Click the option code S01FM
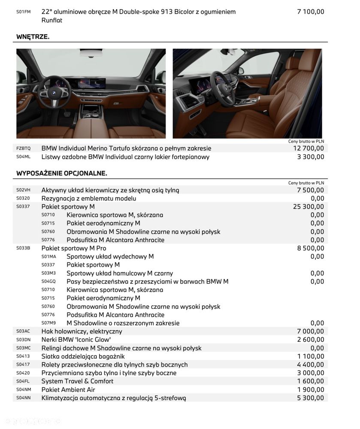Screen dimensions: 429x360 click(23, 12)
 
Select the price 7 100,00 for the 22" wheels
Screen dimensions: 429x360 click(311, 12)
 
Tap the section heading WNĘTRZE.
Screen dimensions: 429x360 click(33, 37)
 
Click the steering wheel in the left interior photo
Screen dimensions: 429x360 click(54, 91)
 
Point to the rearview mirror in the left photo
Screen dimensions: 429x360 click(91, 53)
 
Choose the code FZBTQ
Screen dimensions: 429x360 click(23, 149)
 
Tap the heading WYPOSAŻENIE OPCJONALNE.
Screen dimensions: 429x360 click(62, 173)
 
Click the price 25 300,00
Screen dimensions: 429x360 click(309, 207)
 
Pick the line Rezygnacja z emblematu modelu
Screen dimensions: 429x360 click(88, 198)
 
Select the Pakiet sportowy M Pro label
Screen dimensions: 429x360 click(74, 248)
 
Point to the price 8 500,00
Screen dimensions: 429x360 click(311, 248)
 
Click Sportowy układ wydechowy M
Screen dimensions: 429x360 click(110, 256)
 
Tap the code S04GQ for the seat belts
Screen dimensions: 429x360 click(48, 282)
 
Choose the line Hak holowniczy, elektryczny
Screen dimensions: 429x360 click(82, 331)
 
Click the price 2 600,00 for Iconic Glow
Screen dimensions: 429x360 click(311, 340)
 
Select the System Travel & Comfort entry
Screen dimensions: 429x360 click(77, 381)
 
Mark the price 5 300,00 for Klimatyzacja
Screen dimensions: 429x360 click(311, 398)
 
